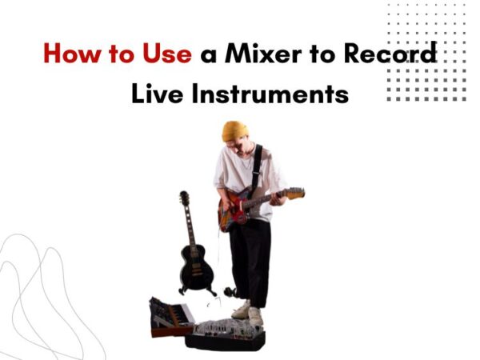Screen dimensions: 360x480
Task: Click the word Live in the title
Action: pyautogui.click(x=157, y=94)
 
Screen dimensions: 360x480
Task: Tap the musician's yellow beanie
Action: pyautogui.click(x=235, y=130)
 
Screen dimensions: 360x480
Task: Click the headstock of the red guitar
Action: pyautogui.click(x=294, y=193)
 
